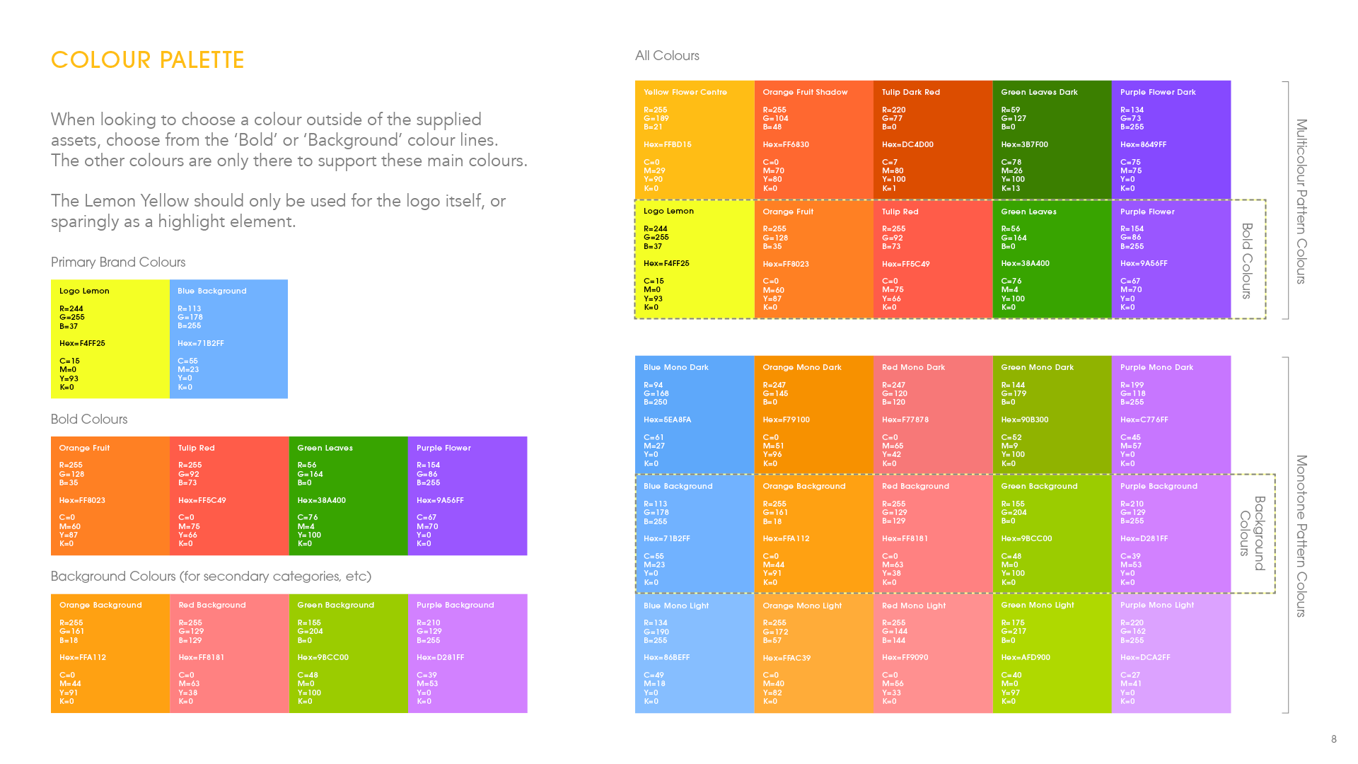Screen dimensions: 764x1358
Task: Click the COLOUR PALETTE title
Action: pyautogui.click(x=147, y=60)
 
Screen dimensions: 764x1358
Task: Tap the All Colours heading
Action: pyautogui.click(x=667, y=56)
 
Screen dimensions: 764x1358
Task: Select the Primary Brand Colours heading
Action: pyautogui.click(x=118, y=262)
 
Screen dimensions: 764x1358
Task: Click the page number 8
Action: pyautogui.click(x=1334, y=739)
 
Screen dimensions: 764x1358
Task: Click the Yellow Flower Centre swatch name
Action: pyautogui.click(x=685, y=93)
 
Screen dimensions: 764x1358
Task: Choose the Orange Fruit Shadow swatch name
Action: pyautogui.click(x=805, y=93)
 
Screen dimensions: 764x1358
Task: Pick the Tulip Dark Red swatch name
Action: pyautogui.click(x=911, y=93)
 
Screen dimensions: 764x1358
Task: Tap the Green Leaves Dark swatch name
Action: pyautogui.click(x=1039, y=93)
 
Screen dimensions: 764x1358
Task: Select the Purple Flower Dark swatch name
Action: pyautogui.click(x=1158, y=93)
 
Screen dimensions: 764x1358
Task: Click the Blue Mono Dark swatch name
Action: pyautogui.click(x=675, y=368)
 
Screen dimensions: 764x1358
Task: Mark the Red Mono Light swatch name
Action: pyautogui.click(x=914, y=606)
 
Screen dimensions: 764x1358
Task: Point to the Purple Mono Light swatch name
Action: pyautogui.click(x=1156, y=606)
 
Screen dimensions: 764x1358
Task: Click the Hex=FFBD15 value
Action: pyautogui.click(x=667, y=145)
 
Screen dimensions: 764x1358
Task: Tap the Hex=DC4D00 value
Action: pyautogui.click(x=907, y=145)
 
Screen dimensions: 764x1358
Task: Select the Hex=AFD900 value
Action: pyautogui.click(x=1025, y=658)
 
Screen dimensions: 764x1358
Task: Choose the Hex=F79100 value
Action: pyautogui.click(x=786, y=420)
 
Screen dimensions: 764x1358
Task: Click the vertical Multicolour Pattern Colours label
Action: pyautogui.click(x=1301, y=202)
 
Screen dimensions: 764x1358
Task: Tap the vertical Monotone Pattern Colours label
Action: pyautogui.click(x=1301, y=536)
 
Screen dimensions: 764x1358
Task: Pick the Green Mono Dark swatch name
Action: pyautogui.click(x=1037, y=368)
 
